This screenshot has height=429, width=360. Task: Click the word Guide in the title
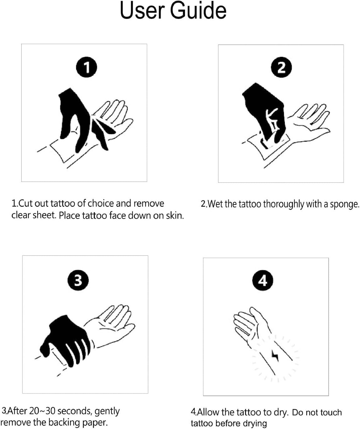(198, 10)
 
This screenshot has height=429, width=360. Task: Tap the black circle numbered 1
(87, 67)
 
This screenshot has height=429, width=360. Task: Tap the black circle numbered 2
(281, 67)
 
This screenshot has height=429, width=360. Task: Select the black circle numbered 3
(78, 280)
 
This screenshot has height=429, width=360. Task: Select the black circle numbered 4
(263, 280)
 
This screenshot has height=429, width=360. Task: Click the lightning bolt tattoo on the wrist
(275, 356)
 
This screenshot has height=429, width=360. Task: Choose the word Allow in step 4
(208, 412)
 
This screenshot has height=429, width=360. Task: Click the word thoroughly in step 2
(284, 204)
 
